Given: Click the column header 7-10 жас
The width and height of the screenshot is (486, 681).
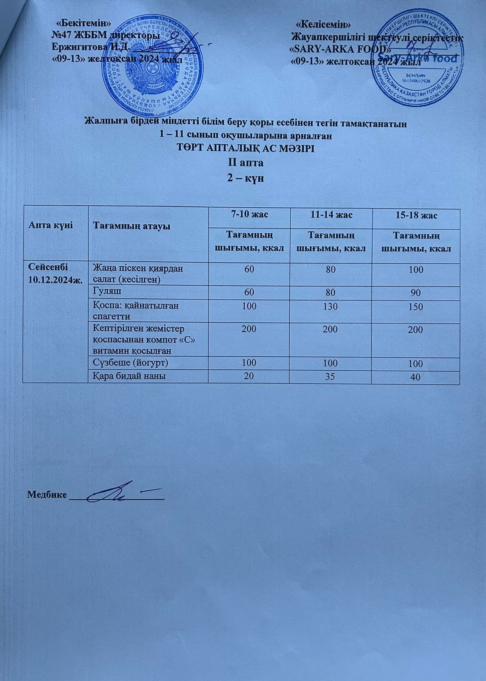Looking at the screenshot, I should click(249, 215).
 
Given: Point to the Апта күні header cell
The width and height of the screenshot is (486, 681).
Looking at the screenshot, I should click(45, 225).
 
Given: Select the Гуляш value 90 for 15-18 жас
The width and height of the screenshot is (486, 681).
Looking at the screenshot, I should click(416, 293).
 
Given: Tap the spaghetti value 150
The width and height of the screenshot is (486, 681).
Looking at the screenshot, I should click(416, 306).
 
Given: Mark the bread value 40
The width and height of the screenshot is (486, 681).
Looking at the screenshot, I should click(416, 377).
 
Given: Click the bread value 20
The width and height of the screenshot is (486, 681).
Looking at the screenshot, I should click(249, 376).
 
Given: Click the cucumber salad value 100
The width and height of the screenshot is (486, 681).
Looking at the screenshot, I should click(416, 270).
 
